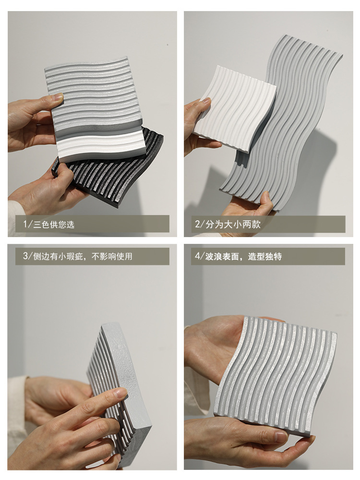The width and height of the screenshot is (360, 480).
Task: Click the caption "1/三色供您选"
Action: click(49, 224)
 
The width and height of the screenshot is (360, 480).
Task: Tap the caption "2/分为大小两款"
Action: click(228, 224)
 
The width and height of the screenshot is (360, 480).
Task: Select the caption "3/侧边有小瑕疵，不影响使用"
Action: click(78, 256)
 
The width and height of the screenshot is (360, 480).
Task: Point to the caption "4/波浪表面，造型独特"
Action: click(239, 256)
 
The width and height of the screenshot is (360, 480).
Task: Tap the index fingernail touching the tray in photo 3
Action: click(122, 393)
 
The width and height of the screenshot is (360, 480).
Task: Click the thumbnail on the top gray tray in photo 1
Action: click(58, 97)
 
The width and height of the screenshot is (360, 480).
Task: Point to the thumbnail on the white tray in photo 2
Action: click(206, 101)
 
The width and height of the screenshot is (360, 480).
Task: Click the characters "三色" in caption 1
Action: click(42, 224)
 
